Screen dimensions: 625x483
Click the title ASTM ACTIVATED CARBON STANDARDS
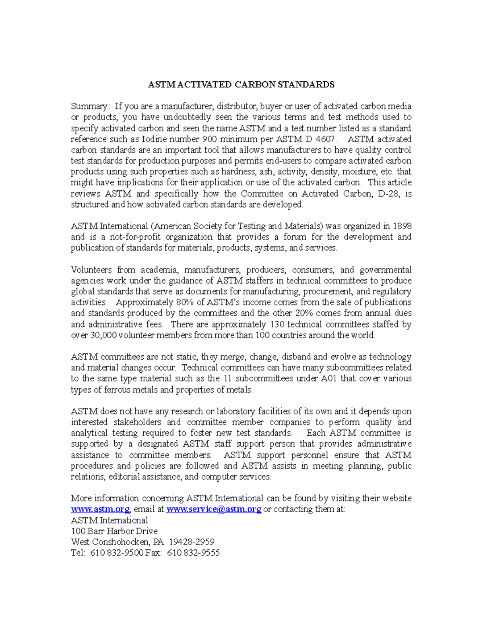click(241, 85)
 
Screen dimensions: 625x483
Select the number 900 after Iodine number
click(208, 139)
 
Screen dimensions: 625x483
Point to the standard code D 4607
click(319, 139)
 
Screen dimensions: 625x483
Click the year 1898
click(402, 226)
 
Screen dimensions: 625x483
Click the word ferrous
click(118, 390)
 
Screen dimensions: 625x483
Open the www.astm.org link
click(100, 509)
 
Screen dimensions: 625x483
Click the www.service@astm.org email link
click(214, 509)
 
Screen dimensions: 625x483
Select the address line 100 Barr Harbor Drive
click(114, 531)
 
